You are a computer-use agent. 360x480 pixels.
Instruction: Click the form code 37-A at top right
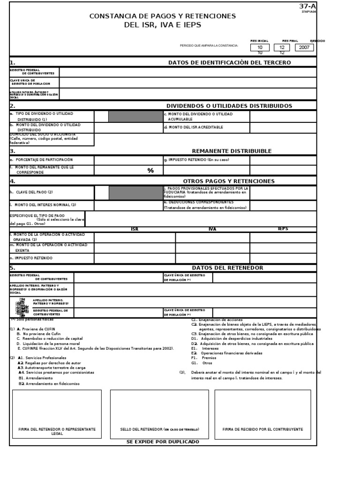[x=307, y=6]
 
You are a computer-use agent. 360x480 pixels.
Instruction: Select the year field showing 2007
[x=304, y=47]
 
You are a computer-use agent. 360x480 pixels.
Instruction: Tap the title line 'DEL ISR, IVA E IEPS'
[x=163, y=25]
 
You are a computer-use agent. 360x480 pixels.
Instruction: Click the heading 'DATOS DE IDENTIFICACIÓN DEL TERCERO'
[x=229, y=63]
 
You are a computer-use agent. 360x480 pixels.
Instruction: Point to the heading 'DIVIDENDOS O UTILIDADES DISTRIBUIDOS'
[x=229, y=106]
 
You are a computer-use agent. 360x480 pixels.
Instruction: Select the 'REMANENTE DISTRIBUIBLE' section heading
[x=232, y=151]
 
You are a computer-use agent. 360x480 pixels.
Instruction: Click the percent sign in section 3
[x=150, y=171]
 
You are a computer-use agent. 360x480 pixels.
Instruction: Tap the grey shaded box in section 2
[x=135, y=116]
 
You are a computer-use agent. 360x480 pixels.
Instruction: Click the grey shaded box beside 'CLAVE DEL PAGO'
[x=135, y=192]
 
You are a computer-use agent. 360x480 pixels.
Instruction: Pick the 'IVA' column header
[x=212, y=229]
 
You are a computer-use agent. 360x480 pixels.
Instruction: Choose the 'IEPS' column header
[x=283, y=229]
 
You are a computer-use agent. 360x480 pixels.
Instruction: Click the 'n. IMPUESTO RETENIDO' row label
[x=31, y=258]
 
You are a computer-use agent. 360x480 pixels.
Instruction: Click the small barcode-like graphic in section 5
[x=21, y=307]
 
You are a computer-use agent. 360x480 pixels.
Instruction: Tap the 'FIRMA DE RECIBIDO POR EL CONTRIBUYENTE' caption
[x=262, y=429]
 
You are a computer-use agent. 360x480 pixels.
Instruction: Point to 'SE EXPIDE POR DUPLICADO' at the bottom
[x=163, y=442]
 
